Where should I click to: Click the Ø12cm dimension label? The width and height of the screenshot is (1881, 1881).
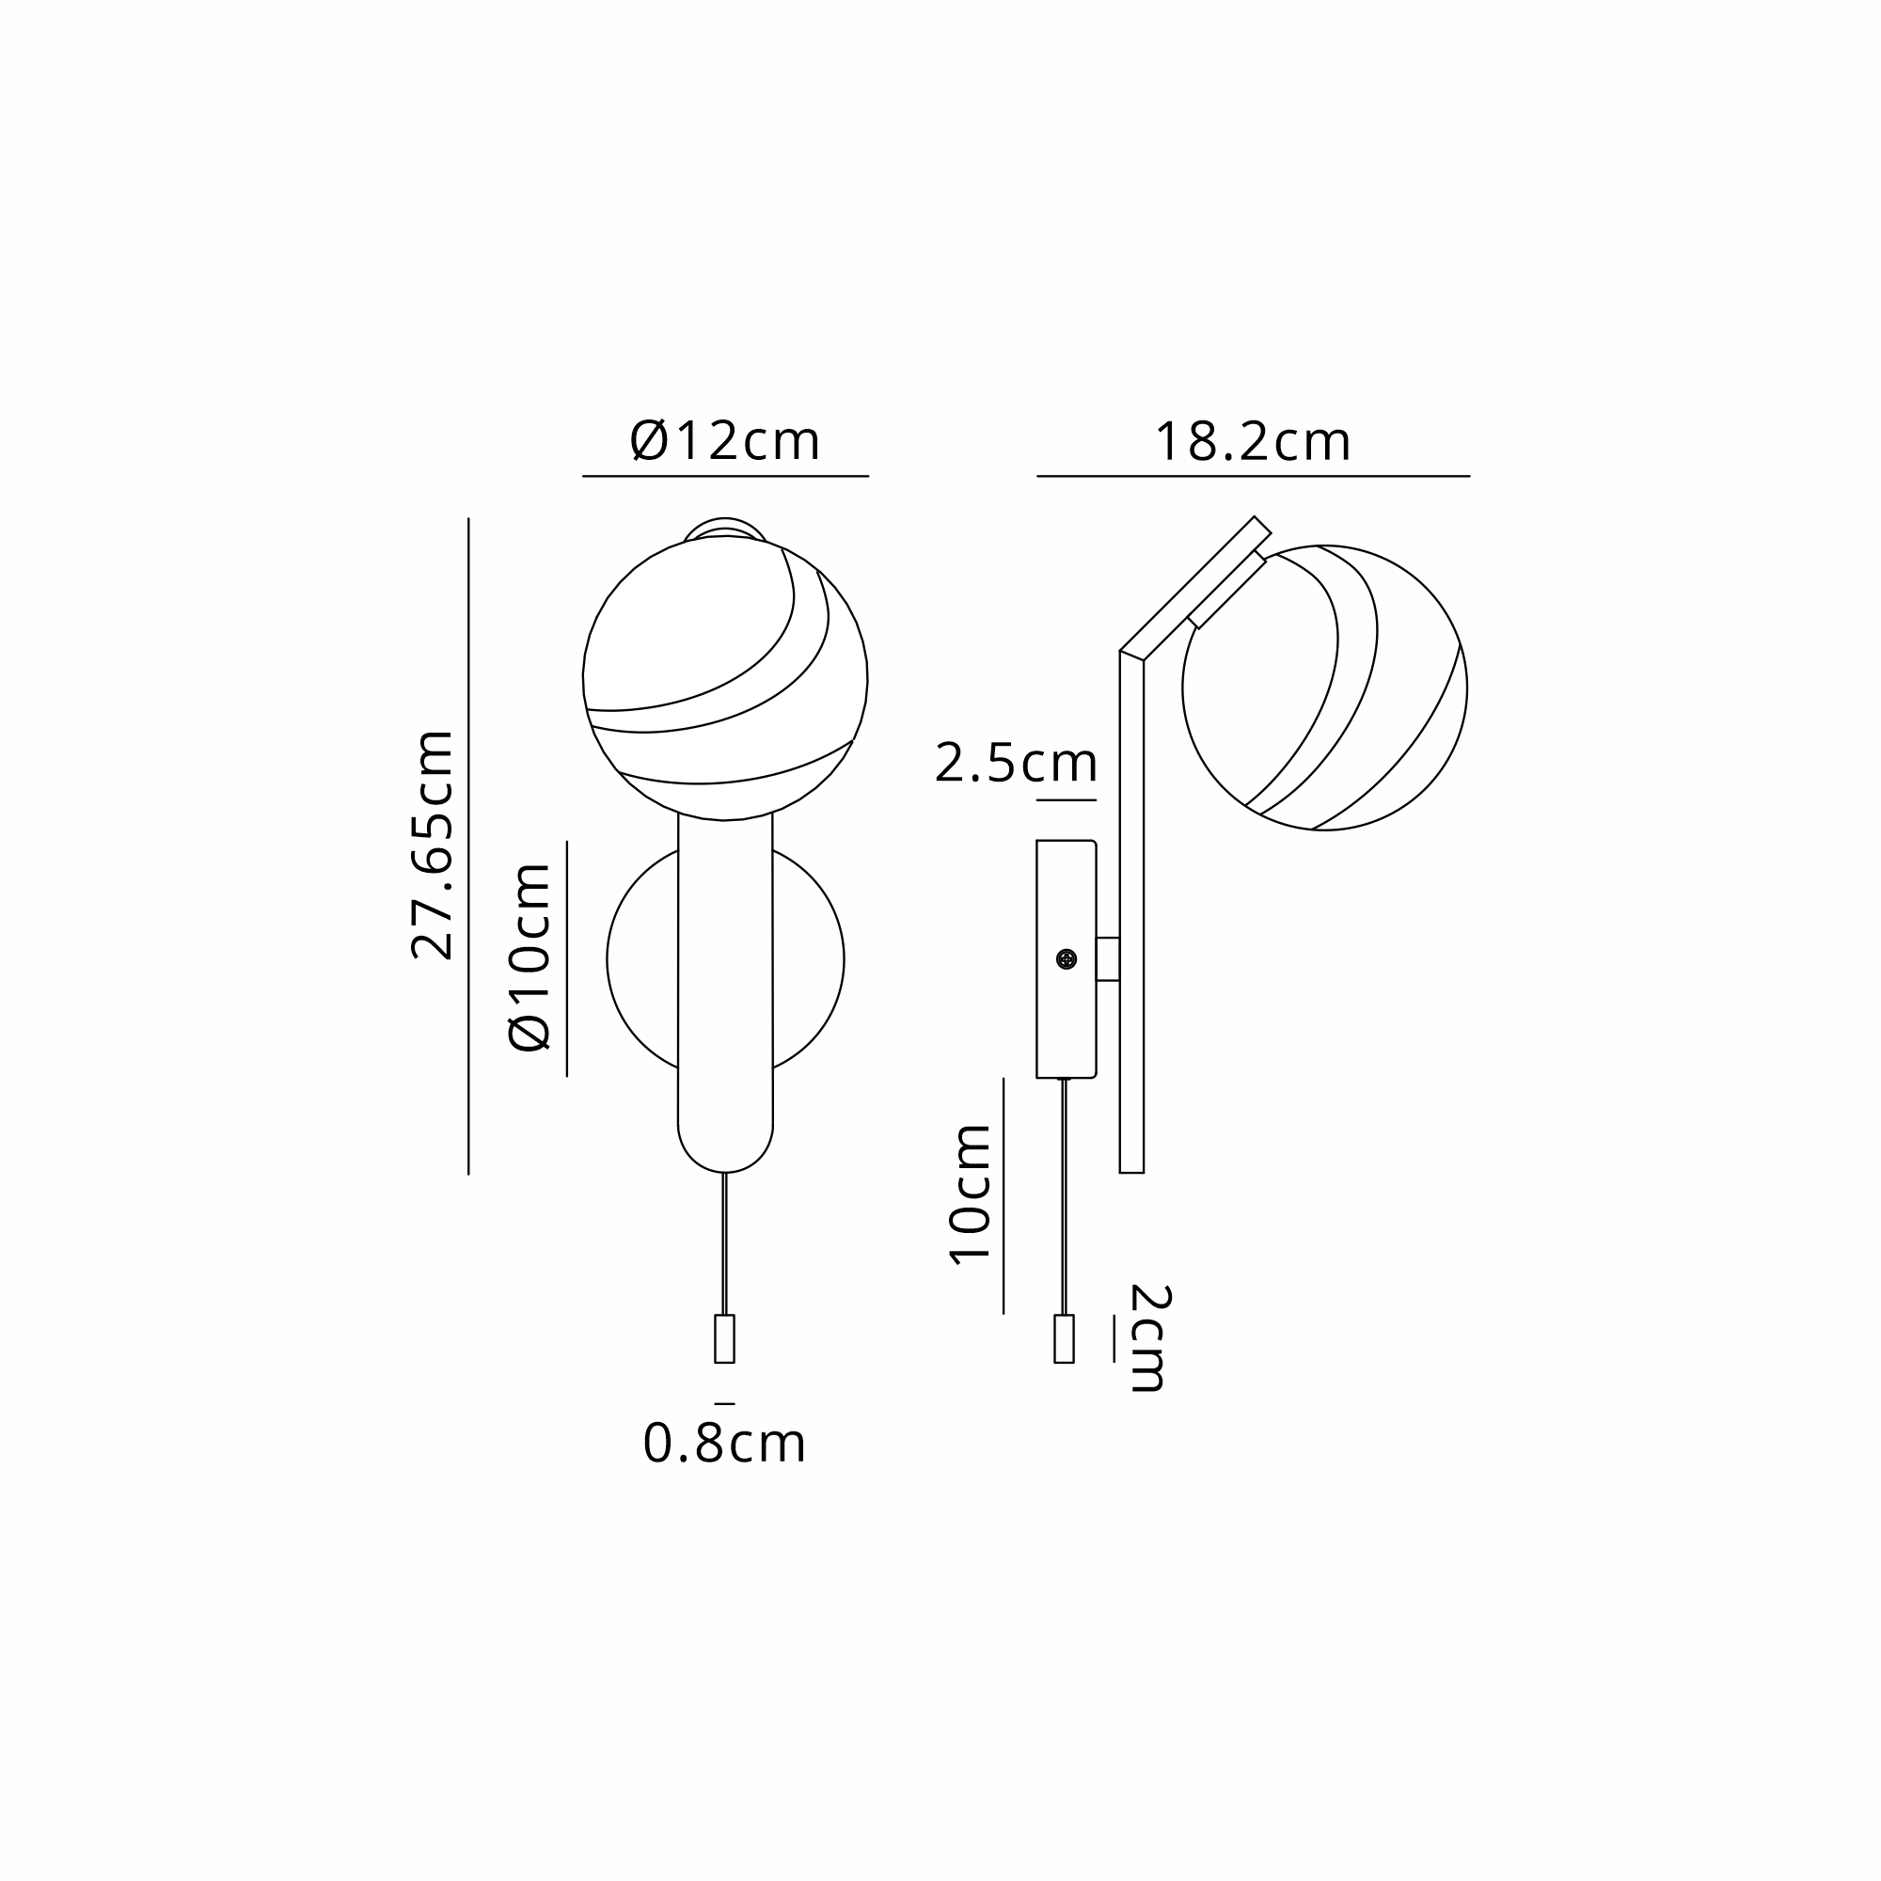[725, 441]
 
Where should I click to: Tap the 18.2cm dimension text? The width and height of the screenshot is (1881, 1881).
[1253, 442]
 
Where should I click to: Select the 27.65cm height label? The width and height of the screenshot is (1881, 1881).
[433, 846]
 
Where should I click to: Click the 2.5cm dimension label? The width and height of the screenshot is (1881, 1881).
[1017, 763]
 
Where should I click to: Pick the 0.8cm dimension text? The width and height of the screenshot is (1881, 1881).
[724, 1443]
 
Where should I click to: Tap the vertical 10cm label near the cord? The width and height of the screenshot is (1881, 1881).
[971, 1194]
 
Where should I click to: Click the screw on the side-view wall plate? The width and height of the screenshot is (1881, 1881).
[1067, 960]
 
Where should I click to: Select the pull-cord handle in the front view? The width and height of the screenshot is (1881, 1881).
[724, 1338]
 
